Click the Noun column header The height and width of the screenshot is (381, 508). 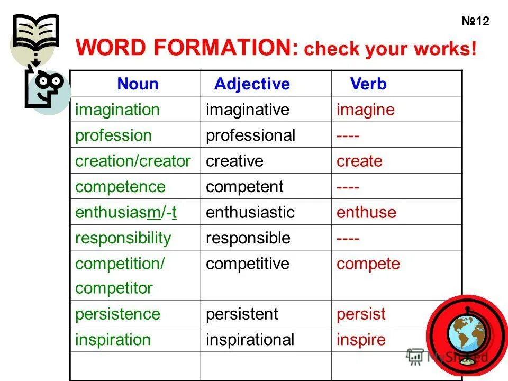click(x=138, y=84)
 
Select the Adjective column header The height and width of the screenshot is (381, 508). click(x=252, y=84)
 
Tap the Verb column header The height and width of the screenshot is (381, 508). click(x=368, y=84)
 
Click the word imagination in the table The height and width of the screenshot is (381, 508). click(x=117, y=110)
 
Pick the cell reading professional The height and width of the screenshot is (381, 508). click(x=250, y=135)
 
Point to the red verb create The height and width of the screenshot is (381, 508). click(x=359, y=161)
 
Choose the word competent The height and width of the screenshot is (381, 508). click(x=244, y=186)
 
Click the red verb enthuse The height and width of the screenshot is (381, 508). click(x=366, y=212)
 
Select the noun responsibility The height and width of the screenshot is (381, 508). click(x=123, y=238)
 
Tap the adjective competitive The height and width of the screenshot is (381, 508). click(x=248, y=264)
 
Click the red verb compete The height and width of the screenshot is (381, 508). click(x=368, y=264)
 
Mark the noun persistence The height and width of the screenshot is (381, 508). click(x=117, y=314)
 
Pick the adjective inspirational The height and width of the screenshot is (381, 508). click(x=250, y=340)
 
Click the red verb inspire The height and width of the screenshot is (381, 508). click(x=361, y=340)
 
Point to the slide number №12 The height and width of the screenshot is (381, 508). click(x=475, y=22)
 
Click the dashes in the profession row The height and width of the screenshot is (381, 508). click(x=348, y=136)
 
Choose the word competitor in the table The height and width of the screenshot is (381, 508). click(x=114, y=288)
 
